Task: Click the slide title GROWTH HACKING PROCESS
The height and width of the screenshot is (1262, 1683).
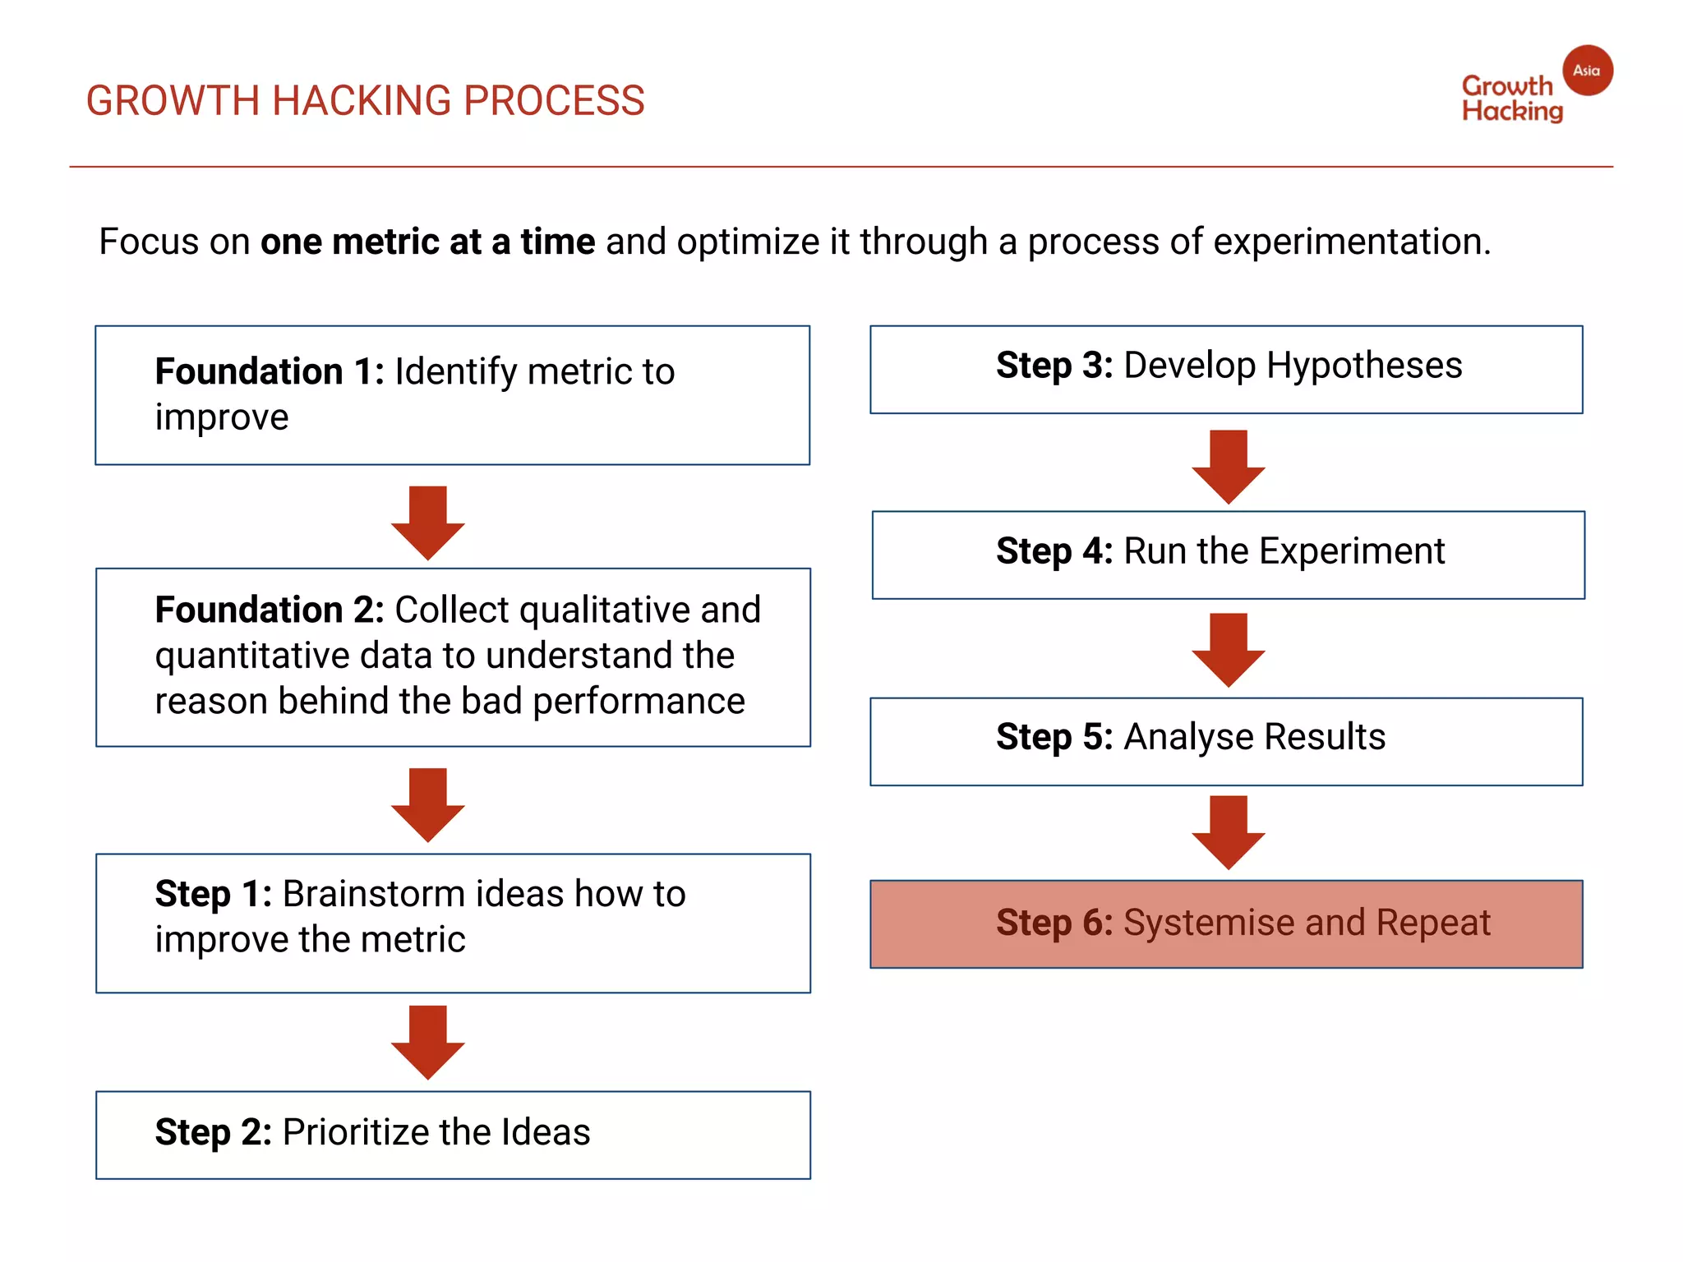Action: point(365,101)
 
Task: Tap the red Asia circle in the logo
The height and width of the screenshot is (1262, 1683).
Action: point(1587,71)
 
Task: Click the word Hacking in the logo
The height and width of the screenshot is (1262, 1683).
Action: point(1512,112)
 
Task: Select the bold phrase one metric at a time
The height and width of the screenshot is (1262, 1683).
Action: point(427,242)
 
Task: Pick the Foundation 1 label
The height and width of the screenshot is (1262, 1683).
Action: point(270,371)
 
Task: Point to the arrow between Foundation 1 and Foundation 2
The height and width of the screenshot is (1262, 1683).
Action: point(427,523)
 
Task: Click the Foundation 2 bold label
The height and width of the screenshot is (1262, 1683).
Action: point(270,610)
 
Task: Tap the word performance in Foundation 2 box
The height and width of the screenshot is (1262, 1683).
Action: point(639,702)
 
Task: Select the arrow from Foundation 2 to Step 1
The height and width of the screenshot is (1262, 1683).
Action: point(427,804)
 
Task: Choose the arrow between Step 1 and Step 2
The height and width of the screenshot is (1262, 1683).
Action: point(427,1041)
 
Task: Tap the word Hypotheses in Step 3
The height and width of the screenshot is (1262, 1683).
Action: point(1364,366)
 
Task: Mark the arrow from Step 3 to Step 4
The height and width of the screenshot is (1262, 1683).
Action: point(1228,466)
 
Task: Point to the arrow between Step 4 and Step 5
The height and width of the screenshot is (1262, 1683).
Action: point(1228,649)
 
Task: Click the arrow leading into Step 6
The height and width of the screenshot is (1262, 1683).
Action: point(1228,831)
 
